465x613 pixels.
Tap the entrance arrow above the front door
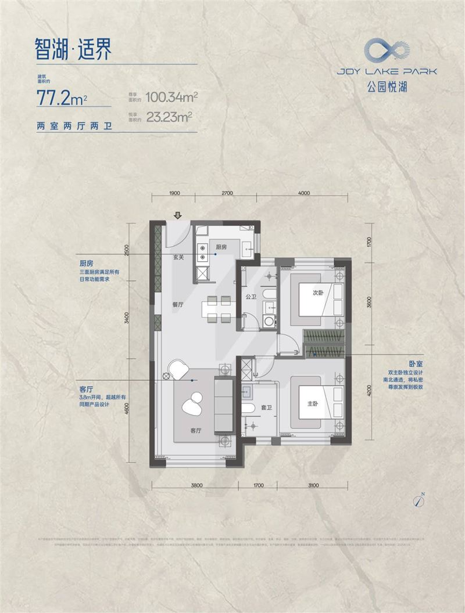coord(177,215)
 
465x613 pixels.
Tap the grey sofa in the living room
coord(223,405)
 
